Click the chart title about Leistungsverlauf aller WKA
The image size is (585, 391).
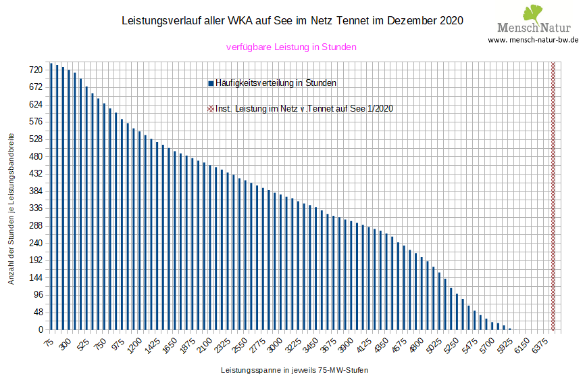pyautogui.click(x=292, y=20)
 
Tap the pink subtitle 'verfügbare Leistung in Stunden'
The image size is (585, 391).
pyautogui.click(x=291, y=47)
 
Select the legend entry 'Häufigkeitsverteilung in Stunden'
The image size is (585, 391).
pyautogui.click(x=275, y=83)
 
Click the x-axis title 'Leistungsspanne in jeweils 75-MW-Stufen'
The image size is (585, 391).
pyautogui.click(x=294, y=371)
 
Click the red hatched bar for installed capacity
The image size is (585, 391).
pyautogui.click(x=553, y=196)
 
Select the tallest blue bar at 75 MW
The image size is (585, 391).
pyautogui.click(x=51, y=196)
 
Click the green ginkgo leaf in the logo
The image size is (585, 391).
pyautogui.click(x=534, y=13)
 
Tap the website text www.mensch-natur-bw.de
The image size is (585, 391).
pyautogui.click(x=533, y=40)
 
